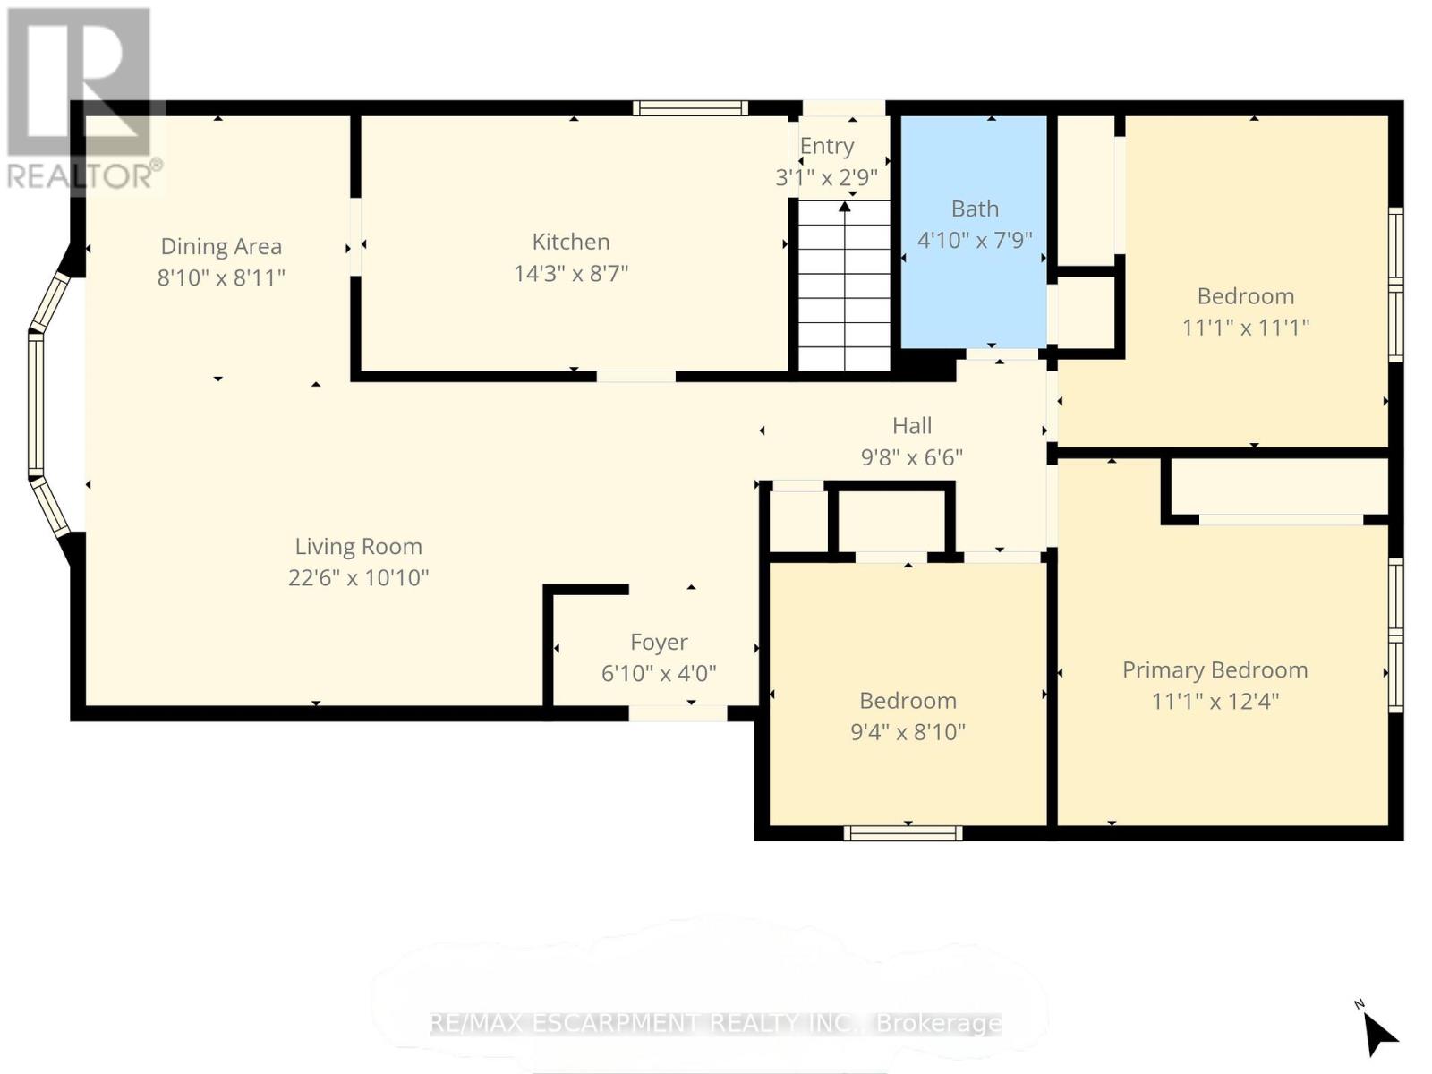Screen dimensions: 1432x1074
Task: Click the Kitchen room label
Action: coord(571,242)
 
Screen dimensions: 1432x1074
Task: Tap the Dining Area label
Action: coord(221,246)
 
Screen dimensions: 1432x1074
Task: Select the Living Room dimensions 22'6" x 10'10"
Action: coord(358,578)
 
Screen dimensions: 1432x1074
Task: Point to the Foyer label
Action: coord(659,643)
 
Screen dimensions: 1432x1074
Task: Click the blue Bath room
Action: coord(974,232)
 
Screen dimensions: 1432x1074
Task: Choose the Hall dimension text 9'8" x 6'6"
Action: coord(912,457)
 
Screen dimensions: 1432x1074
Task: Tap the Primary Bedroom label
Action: coord(1215,670)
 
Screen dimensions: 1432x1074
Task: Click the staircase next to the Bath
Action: coord(845,286)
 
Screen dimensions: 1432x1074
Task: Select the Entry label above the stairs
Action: coord(827,146)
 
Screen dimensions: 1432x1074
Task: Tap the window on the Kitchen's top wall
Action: coord(690,108)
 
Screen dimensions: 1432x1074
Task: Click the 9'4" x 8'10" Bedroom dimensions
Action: coord(908,731)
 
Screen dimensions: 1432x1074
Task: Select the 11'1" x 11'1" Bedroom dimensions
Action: coord(1246,327)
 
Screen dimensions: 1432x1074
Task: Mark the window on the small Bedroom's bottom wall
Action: coord(903,832)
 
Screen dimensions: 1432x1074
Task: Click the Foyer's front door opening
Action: coord(678,712)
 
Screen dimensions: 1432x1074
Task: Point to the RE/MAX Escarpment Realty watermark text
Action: coord(716,1023)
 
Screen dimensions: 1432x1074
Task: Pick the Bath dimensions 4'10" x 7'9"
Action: coord(975,240)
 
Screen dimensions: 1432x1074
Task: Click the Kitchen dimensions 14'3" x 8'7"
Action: coord(571,273)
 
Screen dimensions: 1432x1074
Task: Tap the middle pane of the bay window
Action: coord(36,404)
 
